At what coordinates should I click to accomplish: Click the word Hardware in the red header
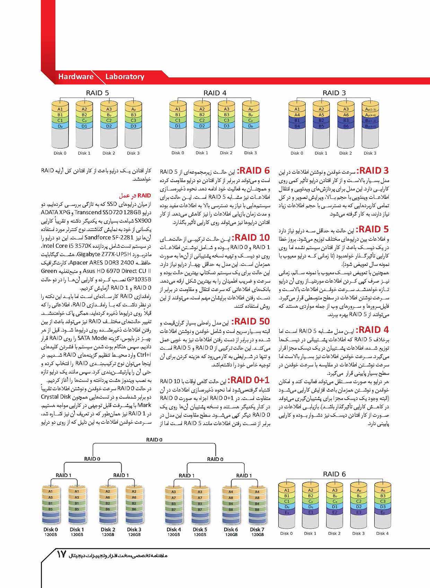pyautogui.click(x=76, y=77)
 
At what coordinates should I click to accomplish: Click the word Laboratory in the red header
pyautogui.click(x=125, y=77)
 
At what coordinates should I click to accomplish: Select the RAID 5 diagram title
pyautogui.click(x=97, y=93)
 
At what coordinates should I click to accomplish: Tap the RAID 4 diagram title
pyautogui.click(x=215, y=93)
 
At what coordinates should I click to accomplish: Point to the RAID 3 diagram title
pyautogui.click(x=334, y=93)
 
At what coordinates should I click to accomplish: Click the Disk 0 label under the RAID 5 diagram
pyautogui.click(x=60, y=153)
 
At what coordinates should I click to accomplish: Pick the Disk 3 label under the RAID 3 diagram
pyautogui.click(x=370, y=153)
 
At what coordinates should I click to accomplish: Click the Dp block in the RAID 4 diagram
pyautogui.click(x=251, y=126)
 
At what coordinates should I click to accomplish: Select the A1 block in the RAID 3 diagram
pyautogui.click(x=297, y=109)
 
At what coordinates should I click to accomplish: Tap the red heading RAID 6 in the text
pyautogui.click(x=254, y=170)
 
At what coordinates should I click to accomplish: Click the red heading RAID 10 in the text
pyautogui.click(x=251, y=238)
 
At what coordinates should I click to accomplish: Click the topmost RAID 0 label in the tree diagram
pyautogui.click(x=154, y=440)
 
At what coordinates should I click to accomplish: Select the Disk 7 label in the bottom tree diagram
pyautogui.click(x=257, y=529)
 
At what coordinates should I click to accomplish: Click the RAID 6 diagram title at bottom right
pyautogui.click(x=334, y=474)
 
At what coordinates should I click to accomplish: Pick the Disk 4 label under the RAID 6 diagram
pyautogui.click(x=382, y=533)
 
